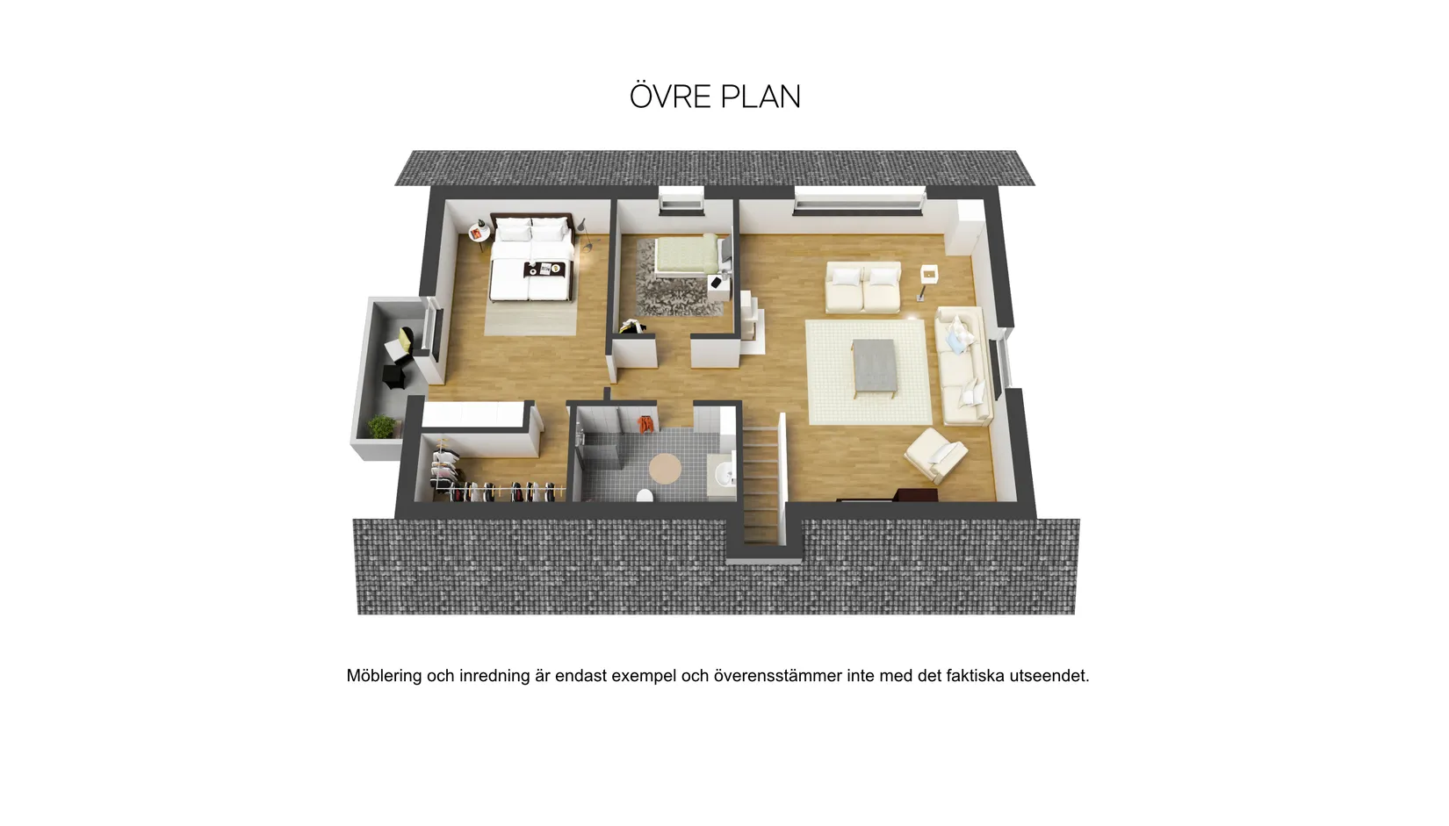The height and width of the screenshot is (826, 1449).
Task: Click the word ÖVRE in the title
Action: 671,97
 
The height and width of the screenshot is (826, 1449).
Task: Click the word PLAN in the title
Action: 761,97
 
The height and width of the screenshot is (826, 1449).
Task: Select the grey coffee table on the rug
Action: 875,367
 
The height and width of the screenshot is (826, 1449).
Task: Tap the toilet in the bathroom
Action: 645,496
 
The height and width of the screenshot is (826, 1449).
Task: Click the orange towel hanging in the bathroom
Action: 645,424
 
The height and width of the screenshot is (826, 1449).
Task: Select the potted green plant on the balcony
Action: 382,427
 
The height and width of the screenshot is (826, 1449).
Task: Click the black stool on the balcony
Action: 394,376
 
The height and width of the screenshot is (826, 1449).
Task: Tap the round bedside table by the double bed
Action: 479,233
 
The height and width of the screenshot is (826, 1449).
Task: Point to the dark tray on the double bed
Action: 544,269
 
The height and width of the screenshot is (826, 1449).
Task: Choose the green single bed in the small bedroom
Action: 687,255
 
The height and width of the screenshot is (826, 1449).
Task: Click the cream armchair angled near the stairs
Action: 935,454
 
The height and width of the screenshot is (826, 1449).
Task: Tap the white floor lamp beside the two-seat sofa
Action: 927,281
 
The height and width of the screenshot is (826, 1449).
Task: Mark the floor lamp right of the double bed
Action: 585,233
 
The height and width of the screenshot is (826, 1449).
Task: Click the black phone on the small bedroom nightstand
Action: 716,282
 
